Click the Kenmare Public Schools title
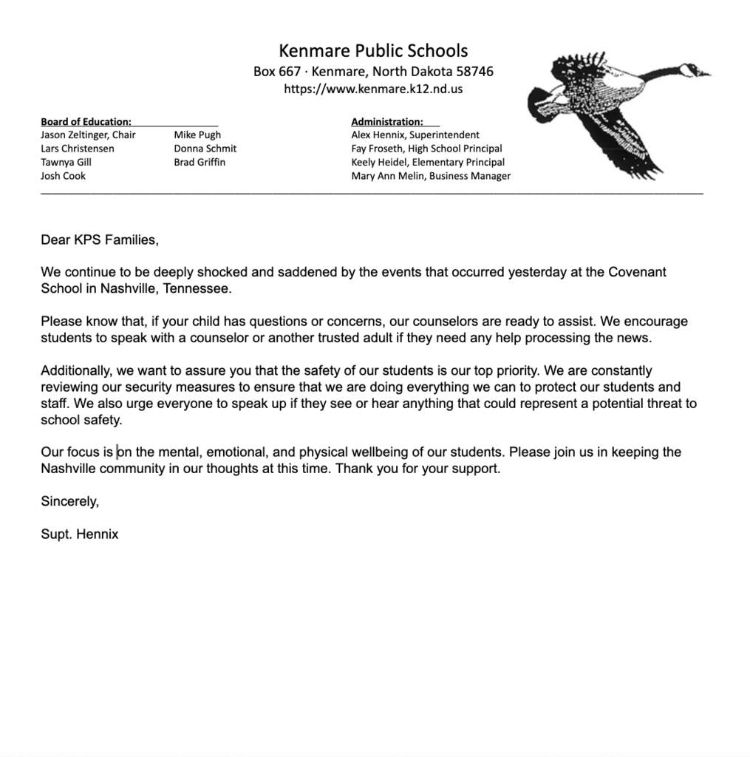click(x=373, y=51)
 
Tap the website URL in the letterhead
click(x=373, y=89)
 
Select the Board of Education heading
click(x=86, y=121)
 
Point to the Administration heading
click(x=387, y=121)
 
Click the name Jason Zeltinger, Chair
click(x=88, y=135)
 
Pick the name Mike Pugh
click(x=197, y=135)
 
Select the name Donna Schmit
click(x=205, y=148)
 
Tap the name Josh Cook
click(x=63, y=176)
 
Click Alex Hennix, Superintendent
click(x=415, y=135)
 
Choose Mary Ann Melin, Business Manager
click(x=431, y=176)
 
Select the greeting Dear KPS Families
click(x=100, y=240)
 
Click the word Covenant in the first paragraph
click(x=637, y=272)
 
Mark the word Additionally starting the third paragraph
click(x=77, y=370)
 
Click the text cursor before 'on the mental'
click(x=117, y=452)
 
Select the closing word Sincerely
click(x=69, y=501)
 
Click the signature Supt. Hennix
click(x=80, y=534)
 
